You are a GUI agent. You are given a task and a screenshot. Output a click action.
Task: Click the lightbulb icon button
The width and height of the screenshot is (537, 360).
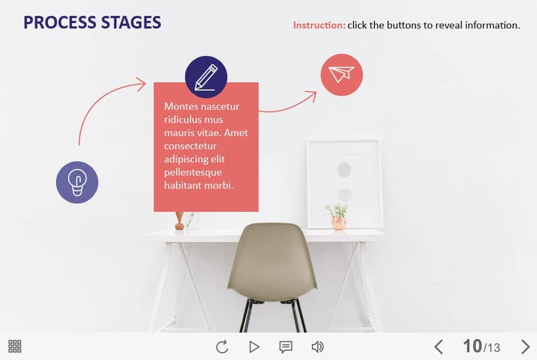coord(77,182)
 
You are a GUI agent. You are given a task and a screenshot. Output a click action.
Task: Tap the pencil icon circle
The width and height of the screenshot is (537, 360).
coord(206,77)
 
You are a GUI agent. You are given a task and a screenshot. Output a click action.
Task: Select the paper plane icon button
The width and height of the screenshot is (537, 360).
coord(342,75)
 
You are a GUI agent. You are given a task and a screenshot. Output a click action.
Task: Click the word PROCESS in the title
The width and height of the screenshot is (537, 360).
coord(60,22)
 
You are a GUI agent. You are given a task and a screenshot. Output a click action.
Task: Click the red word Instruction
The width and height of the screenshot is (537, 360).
coord(319,25)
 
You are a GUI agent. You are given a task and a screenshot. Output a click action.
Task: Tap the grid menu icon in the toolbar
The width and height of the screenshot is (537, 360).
coord(15,346)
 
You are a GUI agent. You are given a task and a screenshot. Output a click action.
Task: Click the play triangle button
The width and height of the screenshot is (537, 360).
coord(254,347)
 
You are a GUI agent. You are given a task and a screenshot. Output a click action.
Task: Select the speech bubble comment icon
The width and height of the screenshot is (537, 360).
coord(286,347)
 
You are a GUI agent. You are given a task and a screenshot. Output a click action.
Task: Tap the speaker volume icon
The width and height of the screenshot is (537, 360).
coord(317,347)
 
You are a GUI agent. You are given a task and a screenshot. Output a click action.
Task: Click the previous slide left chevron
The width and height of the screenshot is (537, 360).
coord(439,347)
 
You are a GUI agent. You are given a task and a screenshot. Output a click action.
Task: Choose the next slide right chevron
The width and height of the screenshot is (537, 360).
coord(525,347)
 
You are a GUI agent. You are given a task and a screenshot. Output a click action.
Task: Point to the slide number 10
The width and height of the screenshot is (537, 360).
coord(472,346)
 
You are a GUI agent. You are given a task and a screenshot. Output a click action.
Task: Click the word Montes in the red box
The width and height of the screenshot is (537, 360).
coord(180,106)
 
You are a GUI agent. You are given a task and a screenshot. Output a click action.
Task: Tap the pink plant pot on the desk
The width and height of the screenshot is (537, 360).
coord(339,223)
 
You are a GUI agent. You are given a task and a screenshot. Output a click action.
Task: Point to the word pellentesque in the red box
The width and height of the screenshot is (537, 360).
coord(193,172)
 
